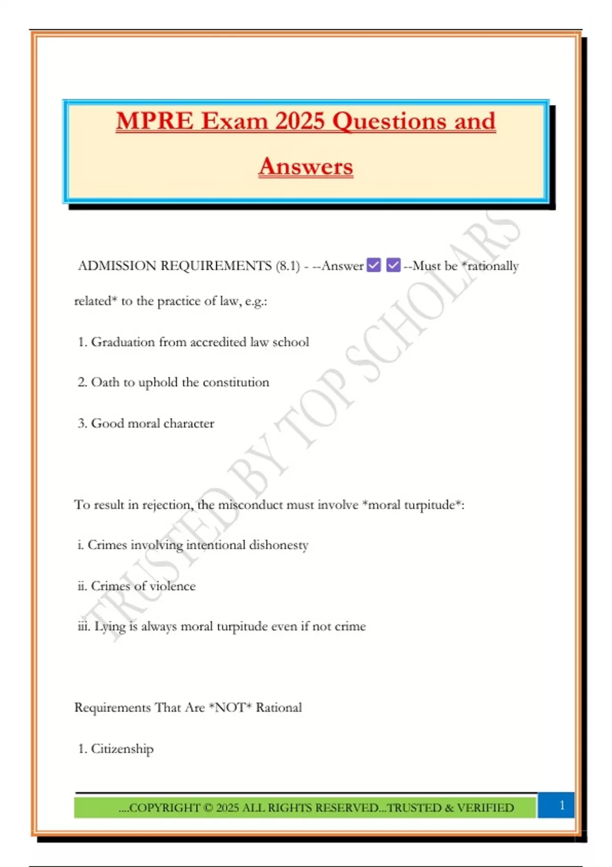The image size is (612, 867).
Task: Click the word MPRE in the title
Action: (155, 121)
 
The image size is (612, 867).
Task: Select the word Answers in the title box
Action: (305, 166)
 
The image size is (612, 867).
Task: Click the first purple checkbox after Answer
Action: (374, 265)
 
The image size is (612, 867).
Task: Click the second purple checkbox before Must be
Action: (393, 265)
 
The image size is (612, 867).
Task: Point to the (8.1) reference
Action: (288, 266)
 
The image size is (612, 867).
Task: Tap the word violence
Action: (172, 586)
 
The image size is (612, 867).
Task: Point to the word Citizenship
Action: (122, 749)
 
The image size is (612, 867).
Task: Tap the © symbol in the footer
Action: (208, 808)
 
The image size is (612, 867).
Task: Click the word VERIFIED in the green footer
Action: (485, 808)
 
